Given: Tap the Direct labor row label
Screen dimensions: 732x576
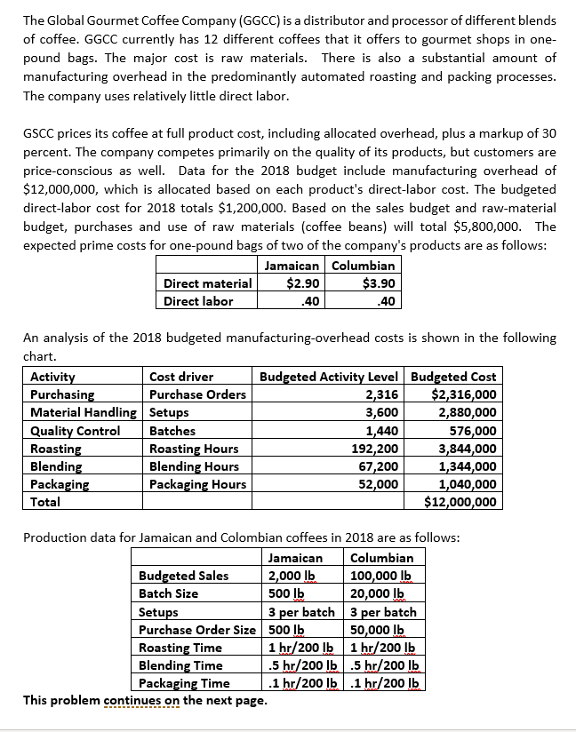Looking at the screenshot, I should coord(198,300).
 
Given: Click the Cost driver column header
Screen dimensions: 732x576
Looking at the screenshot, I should coord(181,377).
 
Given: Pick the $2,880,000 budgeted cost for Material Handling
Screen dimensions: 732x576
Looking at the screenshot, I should coord(463,412).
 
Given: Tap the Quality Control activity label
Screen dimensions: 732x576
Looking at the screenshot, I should coord(76,431).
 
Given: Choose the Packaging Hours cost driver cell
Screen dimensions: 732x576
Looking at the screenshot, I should coord(198,484).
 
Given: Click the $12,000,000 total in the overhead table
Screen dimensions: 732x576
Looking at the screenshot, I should coord(460,502).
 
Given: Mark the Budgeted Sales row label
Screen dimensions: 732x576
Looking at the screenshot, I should coord(183,576).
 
